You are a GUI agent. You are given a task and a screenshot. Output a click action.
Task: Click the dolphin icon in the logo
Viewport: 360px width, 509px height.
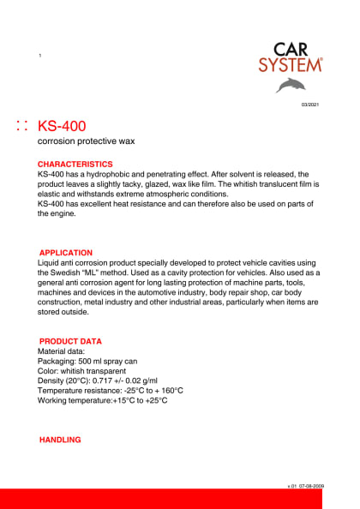pos(291,84)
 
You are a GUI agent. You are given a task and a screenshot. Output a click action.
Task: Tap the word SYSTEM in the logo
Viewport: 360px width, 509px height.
pos(291,64)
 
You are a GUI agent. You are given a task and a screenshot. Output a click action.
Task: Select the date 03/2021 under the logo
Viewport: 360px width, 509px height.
pos(309,104)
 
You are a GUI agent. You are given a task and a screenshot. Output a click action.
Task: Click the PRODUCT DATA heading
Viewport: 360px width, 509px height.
pos(70,341)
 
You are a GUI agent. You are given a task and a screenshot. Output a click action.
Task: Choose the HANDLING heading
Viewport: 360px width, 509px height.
pos(60,440)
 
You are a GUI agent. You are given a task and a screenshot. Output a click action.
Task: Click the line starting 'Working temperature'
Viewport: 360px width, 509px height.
pos(103,399)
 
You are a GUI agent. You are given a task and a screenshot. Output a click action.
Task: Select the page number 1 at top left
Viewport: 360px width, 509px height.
pos(40,56)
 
